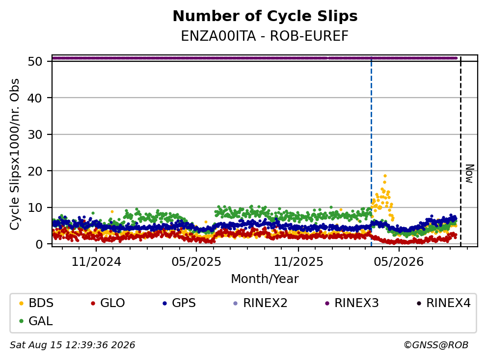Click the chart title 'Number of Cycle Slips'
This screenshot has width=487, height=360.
[265, 16]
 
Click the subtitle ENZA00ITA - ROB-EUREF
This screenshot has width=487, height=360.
[265, 36]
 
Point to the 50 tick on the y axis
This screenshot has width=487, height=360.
[35, 61]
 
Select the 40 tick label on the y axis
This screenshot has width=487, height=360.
[35, 98]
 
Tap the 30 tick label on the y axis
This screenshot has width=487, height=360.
[35, 135]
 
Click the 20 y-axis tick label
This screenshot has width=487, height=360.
[35, 171]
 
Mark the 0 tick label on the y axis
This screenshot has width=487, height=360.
[39, 244]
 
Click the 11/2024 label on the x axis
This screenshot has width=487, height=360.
[96, 262]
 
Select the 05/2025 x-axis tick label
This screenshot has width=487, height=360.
[196, 262]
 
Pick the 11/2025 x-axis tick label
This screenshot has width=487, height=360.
[298, 262]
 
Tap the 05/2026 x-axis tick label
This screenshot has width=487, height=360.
[399, 262]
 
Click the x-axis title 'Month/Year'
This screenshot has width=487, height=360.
[265, 279]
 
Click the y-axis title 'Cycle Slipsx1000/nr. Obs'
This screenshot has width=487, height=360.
[15, 154]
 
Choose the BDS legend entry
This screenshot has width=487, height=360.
[36, 303]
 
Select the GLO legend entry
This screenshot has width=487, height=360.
[108, 303]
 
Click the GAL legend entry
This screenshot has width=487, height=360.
[36, 321]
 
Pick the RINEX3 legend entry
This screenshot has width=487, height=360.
[352, 303]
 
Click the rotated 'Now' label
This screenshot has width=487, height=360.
[470, 174]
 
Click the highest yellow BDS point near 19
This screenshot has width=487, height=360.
[385, 176]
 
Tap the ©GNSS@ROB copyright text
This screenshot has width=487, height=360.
[436, 345]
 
